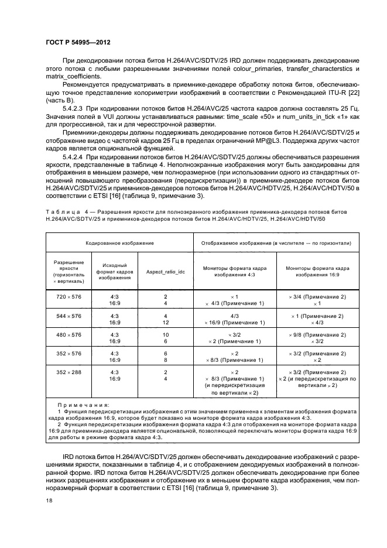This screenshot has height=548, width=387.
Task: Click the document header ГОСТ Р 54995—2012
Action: [78, 43]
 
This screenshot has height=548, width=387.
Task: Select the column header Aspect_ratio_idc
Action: [165, 272]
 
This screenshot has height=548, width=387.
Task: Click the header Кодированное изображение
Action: [119, 242]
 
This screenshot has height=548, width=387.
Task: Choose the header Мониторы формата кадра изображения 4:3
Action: [235, 272]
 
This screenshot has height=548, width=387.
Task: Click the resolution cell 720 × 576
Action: [69, 297]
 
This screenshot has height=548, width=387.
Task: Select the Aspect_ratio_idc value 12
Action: [166, 323]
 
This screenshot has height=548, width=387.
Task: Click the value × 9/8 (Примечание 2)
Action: [317, 334]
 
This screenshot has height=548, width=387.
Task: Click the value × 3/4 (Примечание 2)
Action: [317, 297]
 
